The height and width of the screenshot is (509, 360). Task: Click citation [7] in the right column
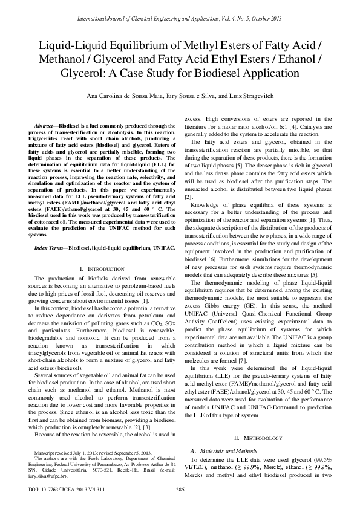(x=225, y=343)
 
